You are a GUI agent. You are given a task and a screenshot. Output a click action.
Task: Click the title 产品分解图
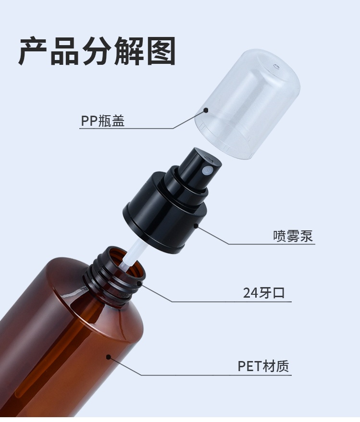(x=97, y=51)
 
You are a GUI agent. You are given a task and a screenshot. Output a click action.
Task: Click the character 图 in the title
(x=161, y=51)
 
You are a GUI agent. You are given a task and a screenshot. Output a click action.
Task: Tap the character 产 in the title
(x=33, y=51)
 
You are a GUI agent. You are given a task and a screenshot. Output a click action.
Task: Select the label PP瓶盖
(x=103, y=121)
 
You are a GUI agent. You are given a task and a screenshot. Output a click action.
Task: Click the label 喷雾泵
(x=293, y=236)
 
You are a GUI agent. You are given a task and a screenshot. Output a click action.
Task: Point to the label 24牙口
(x=264, y=292)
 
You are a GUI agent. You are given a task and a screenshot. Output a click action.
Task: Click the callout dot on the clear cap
(x=206, y=110)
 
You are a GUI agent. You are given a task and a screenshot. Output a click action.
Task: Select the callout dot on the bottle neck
(x=139, y=283)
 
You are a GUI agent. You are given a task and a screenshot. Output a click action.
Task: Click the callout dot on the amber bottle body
(x=109, y=357)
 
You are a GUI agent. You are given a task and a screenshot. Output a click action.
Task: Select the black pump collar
(x=165, y=213)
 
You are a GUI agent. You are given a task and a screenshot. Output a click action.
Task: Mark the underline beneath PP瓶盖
(x=126, y=128)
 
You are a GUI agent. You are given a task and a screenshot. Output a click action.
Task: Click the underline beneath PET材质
(x=216, y=374)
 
